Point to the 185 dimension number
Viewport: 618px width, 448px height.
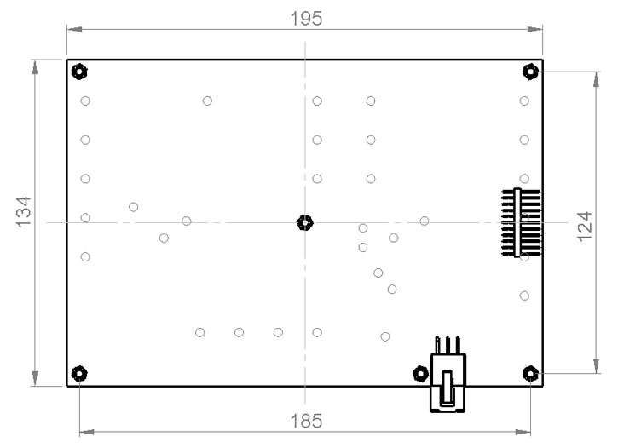(x=306, y=421)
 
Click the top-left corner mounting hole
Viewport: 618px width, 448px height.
(x=78, y=71)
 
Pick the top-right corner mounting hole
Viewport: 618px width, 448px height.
(x=530, y=71)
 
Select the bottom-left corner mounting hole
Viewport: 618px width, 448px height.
(x=78, y=373)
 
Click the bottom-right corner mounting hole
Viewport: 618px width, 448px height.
(x=530, y=373)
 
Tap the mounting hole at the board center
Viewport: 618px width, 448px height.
(x=305, y=223)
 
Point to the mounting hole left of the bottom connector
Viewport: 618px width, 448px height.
(x=419, y=373)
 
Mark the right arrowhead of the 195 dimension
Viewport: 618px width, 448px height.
(x=537, y=29)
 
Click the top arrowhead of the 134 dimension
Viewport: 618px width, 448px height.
(x=35, y=65)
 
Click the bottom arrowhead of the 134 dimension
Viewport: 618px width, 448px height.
(x=35, y=381)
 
